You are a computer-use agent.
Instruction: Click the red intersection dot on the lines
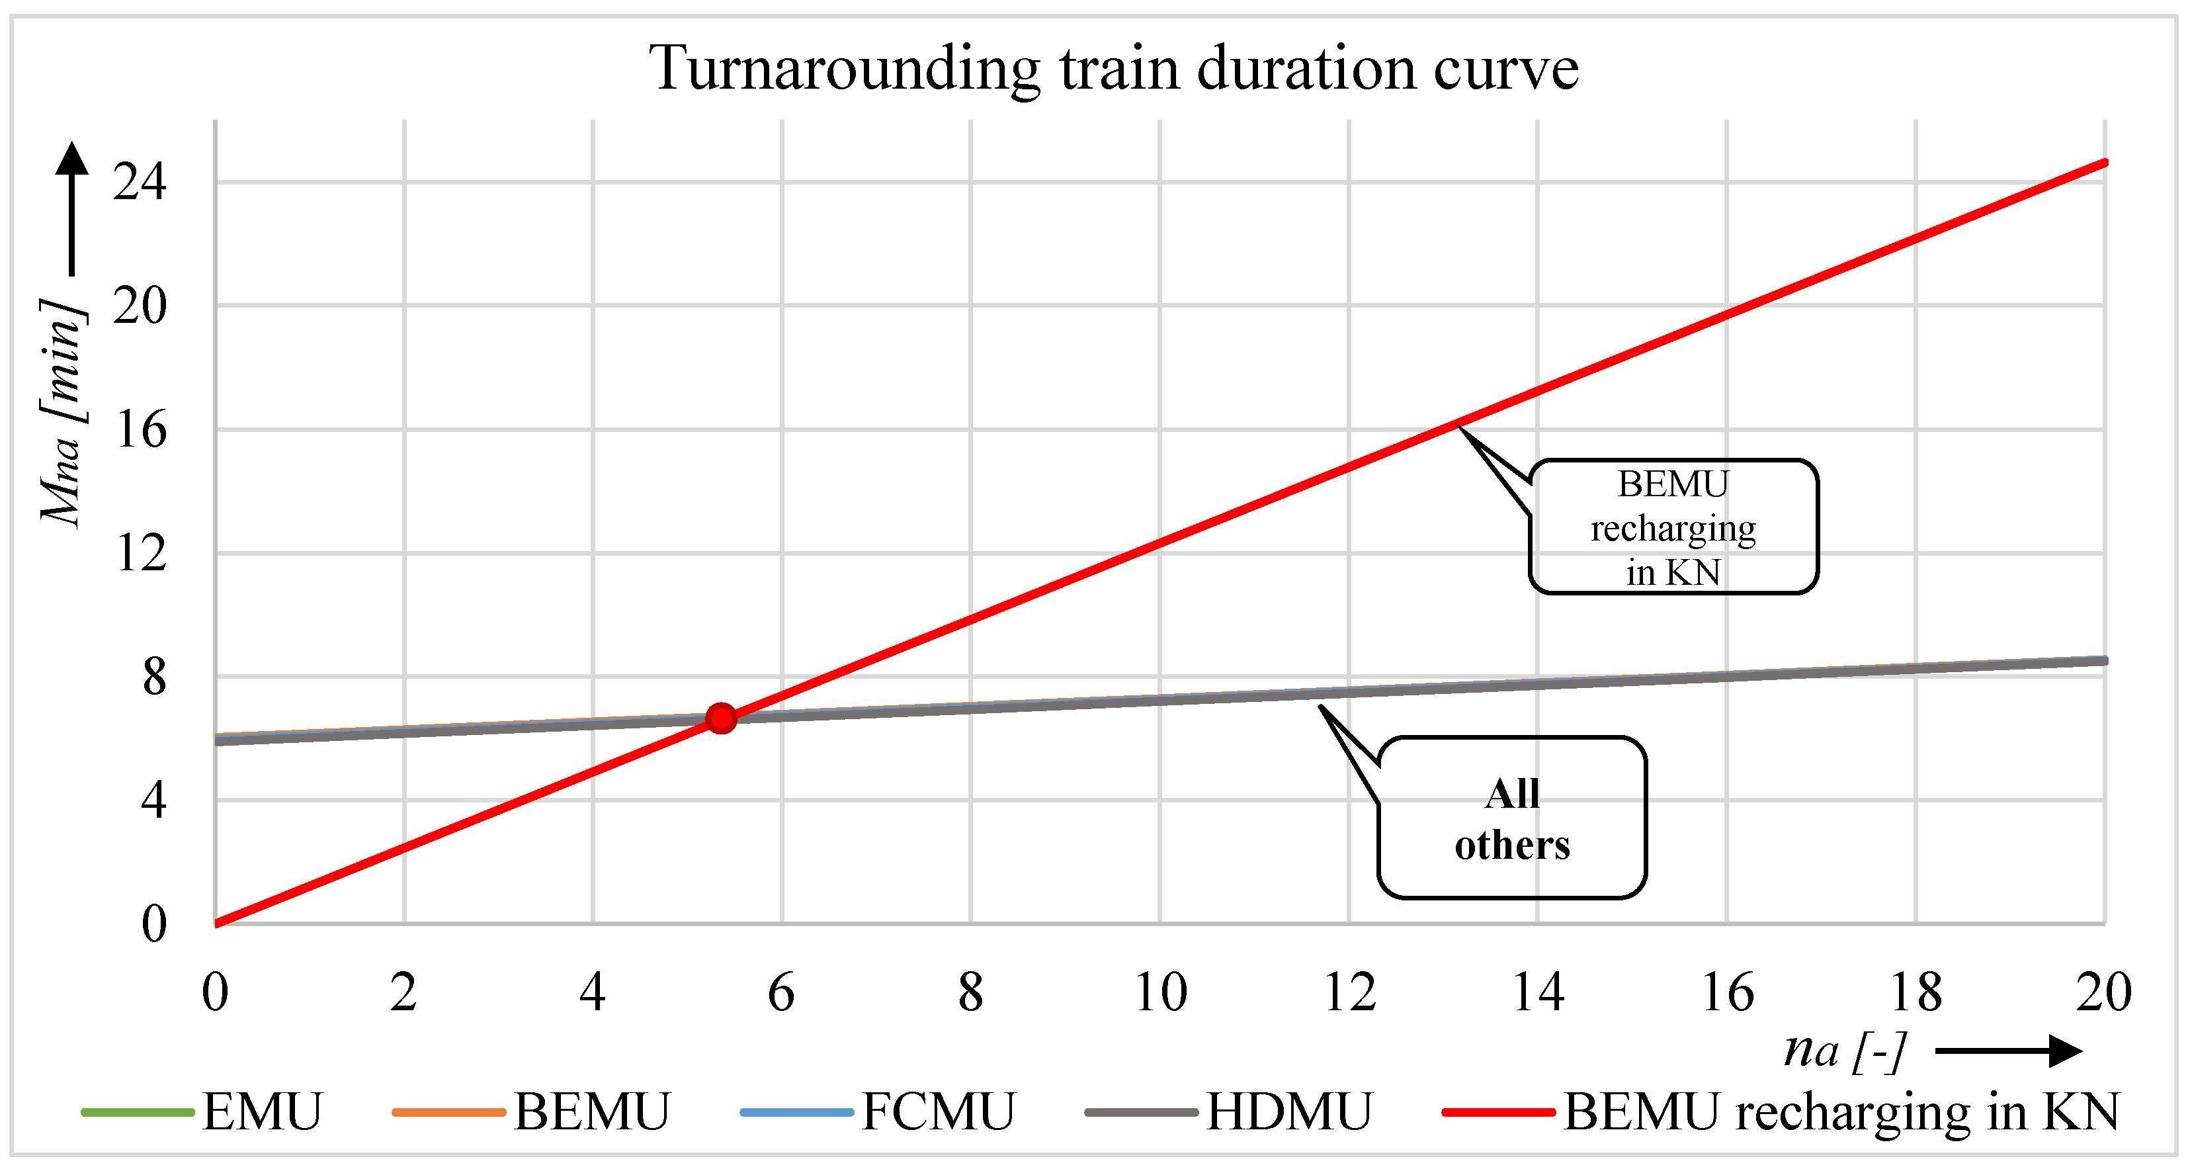tap(721, 718)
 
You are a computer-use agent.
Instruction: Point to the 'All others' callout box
tap(1511, 818)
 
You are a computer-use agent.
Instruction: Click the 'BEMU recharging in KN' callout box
tap(1673, 527)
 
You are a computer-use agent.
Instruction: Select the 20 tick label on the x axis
tap(2103, 992)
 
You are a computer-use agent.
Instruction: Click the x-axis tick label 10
tap(1160, 992)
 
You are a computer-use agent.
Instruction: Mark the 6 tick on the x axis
tap(781, 992)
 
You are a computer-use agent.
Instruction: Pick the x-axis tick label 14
tap(1538, 992)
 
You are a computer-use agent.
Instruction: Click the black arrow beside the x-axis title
tap(2008, 1051)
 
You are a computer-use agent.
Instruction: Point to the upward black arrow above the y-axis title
tap(72, 208)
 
